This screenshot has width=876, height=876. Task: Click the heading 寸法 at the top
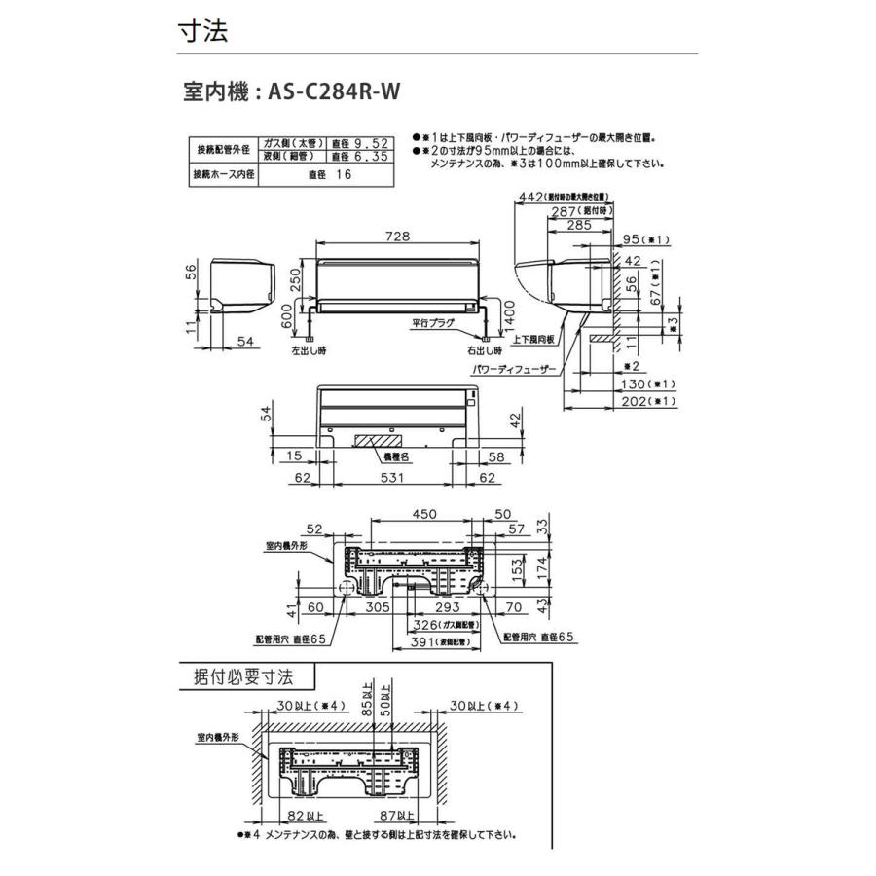tap(202, 31)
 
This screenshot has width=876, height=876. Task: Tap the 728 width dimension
tap(397, 237)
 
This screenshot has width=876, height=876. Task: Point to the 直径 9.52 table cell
tap(362, 142)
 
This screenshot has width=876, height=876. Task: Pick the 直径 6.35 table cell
tap(362, 156)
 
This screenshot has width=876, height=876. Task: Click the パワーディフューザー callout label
tap(515, 371)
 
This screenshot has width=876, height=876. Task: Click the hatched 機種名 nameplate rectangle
tap(374, 441)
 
